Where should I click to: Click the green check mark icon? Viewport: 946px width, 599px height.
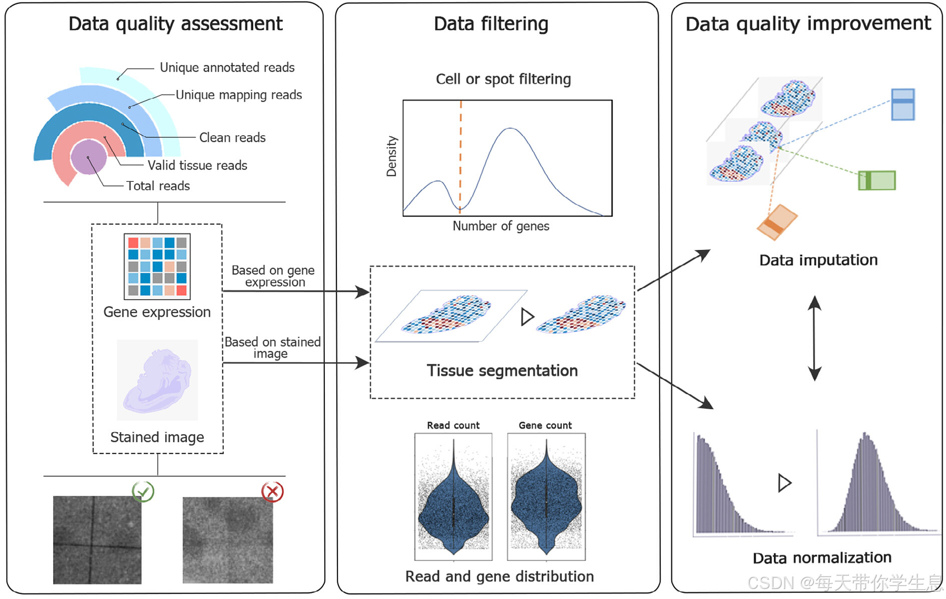coord(143,492)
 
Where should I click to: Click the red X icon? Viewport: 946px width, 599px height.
coord(272,492)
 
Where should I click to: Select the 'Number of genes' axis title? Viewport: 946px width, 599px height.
coord(501,226)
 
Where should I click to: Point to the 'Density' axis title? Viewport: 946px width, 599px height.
coord(391,156)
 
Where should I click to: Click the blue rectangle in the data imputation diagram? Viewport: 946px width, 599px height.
coord(903,104)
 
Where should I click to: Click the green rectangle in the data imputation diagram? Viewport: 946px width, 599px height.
coord(877,180)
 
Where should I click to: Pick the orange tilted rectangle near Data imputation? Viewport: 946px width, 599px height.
coord(777,222)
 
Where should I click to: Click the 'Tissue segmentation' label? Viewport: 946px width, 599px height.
coord(502,371)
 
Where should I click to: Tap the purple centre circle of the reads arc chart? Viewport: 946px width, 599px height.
coord(89,157)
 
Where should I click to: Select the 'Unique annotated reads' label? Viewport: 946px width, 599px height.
coord(227,68)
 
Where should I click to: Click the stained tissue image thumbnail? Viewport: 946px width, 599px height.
coord(157,380)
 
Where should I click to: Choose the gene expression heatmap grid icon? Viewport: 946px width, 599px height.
coord(157,266)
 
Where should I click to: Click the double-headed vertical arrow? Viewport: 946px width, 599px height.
coord(814,338)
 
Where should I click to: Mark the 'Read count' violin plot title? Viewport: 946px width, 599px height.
coord(453,426)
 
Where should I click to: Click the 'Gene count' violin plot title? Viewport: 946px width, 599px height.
coord(545,426)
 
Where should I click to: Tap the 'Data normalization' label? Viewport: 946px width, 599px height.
coord(822,558)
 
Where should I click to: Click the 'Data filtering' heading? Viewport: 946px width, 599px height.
coord(491,24)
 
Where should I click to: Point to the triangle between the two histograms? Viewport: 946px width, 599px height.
coord(784,483)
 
